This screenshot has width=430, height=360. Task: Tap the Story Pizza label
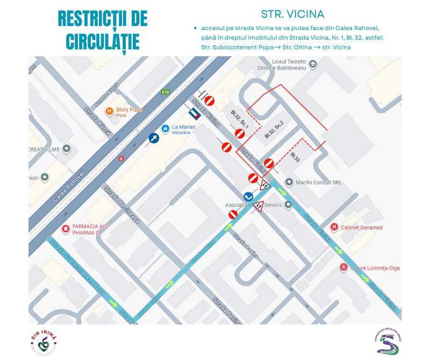click(x=129, y=110)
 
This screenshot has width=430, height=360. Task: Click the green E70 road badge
click(x=166, y=92)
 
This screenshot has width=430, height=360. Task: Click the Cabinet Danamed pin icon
click(x=334, y=227)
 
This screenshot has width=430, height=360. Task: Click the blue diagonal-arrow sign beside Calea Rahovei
click(x=154, y=138)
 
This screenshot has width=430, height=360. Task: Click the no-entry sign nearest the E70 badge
click(x=210, y=100)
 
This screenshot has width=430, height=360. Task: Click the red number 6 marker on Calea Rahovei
click(x=121, y=159)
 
